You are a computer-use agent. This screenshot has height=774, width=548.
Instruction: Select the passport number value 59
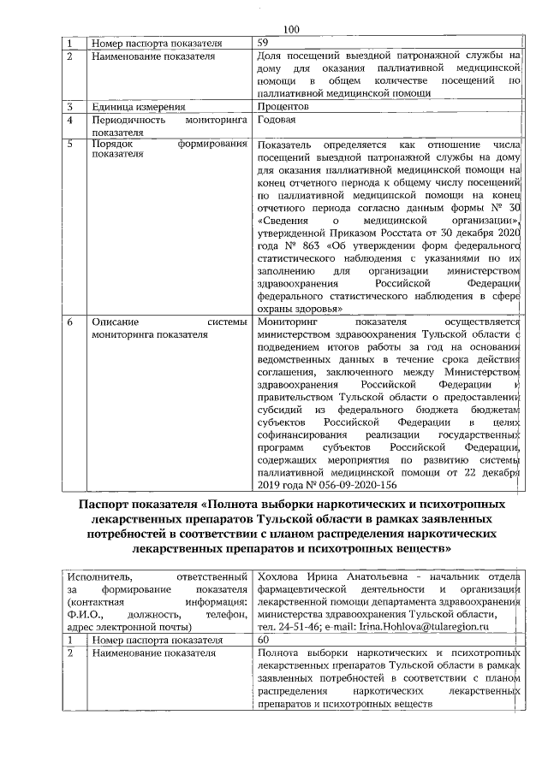tap(264, 43)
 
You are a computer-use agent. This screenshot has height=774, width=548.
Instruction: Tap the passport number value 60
tap(264, 641)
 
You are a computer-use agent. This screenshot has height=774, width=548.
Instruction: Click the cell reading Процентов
tap(283, 108)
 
